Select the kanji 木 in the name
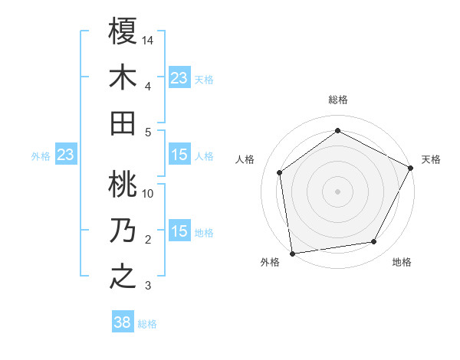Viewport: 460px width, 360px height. (x=123, y=77)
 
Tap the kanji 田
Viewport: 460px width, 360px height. (x=123, y=123)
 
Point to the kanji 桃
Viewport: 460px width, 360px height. (x=123, y=185)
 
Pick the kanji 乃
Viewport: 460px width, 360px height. (x=123, y=231)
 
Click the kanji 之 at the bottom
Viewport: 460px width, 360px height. (x=123, y=277)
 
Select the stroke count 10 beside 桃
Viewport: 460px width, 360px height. (x=149, y=194)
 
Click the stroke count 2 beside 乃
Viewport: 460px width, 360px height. (x=148, y=240)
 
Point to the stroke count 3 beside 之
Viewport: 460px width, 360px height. (x=148, y=286)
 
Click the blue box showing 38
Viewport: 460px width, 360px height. (x=123, y=323)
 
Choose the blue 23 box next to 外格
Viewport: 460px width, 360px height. (x=65, y=155)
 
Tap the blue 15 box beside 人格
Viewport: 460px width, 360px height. (x=179, y=155)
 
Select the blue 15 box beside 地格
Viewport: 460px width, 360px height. (x=179, y=232)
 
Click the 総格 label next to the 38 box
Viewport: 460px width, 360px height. (x=147, y=324)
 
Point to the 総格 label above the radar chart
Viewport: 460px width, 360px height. (x=337, y=100)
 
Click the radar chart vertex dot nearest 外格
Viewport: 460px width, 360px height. (x=292, y=253)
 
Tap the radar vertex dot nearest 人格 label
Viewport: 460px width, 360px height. (x=280, y=172)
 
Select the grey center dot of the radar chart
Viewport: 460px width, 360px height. (x=337, y=191)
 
